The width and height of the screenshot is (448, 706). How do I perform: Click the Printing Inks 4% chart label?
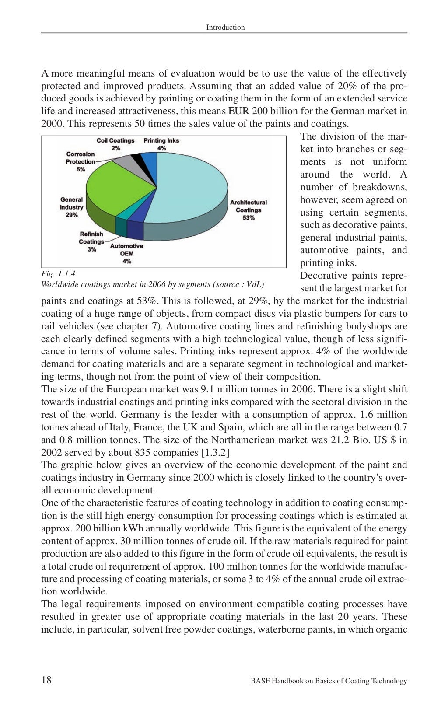(161, 144)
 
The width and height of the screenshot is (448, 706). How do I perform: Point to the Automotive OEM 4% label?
(126, 253)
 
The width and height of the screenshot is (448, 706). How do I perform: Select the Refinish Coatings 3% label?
(91, 241)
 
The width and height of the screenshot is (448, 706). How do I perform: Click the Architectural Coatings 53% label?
(248, 210)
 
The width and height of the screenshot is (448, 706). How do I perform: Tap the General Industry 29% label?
(72, 207)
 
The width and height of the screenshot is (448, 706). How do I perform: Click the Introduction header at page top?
(225, 27)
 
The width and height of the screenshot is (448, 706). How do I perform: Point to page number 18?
(46, 680)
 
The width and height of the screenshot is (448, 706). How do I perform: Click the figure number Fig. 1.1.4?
(58, 274)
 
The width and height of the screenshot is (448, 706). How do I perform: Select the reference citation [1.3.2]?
(215, 452)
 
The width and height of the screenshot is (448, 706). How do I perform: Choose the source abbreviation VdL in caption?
(254, 284)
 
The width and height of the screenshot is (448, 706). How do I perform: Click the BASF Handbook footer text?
(329, 681)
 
